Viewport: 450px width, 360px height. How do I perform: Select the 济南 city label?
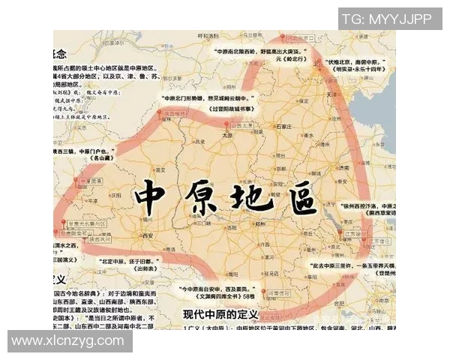point(321,168)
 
